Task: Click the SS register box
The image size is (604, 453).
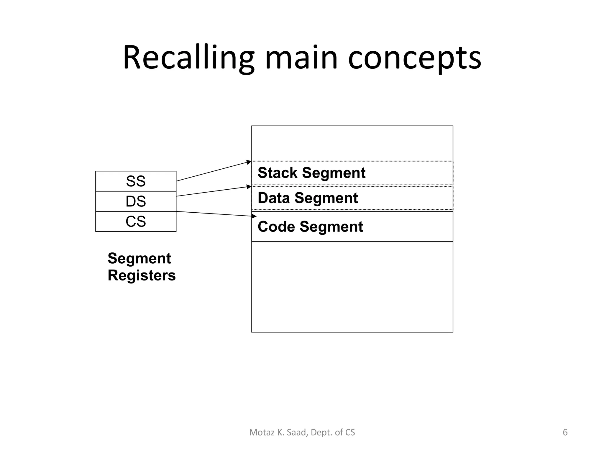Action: click(x=136, y=181)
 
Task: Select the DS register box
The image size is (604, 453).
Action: click(x=136, y=201)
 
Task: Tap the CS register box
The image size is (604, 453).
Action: click(x=136, y=221)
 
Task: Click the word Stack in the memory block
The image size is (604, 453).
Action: click(x=278, y=173)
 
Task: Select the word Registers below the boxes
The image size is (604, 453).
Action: click(x=142, y=275)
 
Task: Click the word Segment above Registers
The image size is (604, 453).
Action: click(x=139, y=258)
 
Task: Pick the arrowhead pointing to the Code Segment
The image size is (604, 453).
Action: click(x=254, y=216)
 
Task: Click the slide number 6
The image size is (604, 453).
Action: click(x=565, y=432)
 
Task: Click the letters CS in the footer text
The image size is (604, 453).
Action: click(x=350, y=432)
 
